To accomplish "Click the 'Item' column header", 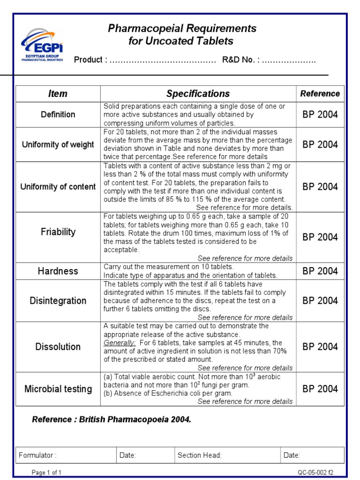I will point(58,94).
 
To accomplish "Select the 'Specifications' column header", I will point(198,94).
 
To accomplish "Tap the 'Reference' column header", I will point(320,94).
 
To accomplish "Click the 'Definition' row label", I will point(58,114).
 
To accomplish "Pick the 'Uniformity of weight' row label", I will point(58,145).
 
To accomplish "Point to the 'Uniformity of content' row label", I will point(58,187).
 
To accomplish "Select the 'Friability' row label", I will point(58,232).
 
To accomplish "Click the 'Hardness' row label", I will point(58,271).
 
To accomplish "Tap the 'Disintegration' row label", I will point(58,300).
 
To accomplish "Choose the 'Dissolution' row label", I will point(58,347).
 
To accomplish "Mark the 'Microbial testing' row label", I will point(58,389).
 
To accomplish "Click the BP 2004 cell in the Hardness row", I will point(320,271).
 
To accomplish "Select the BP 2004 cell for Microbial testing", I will point(320,389).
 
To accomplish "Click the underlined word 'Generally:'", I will point(120,343).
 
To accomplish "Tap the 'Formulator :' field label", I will point(37,455).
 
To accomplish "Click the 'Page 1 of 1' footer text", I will point(46,472).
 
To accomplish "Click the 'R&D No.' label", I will point(240,60).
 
